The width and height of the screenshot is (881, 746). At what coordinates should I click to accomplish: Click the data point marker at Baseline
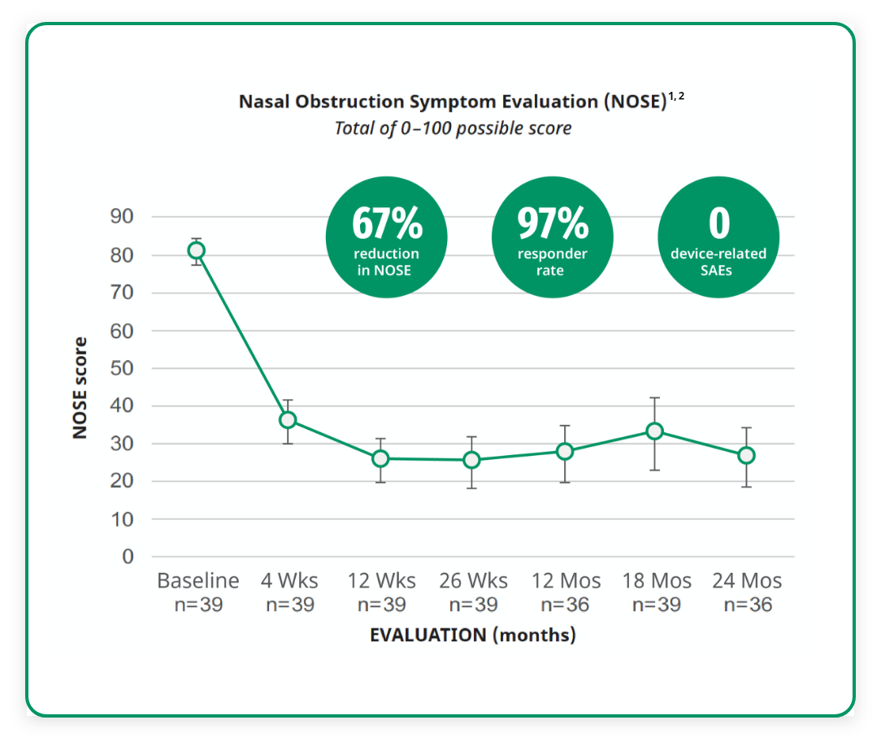pos(196,250)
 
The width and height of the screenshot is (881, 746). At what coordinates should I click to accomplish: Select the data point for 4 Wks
pos(288,420)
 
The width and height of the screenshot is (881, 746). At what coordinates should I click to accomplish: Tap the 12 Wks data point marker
pos(380,458)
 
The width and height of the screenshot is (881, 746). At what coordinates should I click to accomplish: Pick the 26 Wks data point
pos(472,460)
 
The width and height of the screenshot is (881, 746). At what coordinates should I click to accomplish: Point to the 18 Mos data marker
pos(654,431)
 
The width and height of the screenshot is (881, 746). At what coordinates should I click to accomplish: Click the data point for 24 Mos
pos(746,456)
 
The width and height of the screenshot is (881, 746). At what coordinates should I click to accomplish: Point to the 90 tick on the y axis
pos(122,217)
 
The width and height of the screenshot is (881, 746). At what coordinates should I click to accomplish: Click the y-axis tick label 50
pos(122,368)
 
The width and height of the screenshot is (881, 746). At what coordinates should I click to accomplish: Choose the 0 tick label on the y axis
pos(128,557)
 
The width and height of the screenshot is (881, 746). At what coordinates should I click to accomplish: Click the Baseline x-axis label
pos(197,581)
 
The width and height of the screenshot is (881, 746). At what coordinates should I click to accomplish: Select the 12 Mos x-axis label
pos(566,581)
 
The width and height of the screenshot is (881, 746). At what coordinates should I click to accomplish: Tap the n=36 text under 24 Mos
pos(747,605)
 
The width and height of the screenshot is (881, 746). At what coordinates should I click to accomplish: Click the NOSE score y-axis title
pos(80,388)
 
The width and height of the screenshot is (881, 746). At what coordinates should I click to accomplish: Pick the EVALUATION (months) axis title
pos(472,635)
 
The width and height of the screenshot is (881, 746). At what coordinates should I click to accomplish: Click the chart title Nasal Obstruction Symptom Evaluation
pos(451,102)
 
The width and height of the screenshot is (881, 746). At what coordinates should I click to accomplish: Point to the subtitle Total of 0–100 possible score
pos(453,128)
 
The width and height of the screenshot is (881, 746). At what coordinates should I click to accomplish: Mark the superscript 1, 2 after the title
pos(675,97)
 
